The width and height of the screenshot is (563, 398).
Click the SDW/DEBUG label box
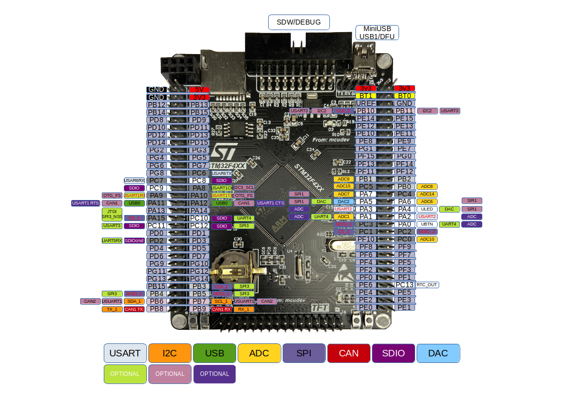coord(299,22)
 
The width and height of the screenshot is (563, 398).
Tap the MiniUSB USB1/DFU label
coord(377,33)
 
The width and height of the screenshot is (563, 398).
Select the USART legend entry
coord(125,353)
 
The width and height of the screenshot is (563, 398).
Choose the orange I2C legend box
coord(170,353)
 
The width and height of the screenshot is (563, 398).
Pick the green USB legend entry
coord(215,353)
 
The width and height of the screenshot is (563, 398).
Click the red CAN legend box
coord(348,353)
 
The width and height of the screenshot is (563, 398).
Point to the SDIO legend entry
coord(393,353)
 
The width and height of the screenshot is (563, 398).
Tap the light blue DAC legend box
coord(438,353)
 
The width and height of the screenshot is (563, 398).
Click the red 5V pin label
coord(199,89)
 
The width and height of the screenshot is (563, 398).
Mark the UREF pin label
coord(365,103)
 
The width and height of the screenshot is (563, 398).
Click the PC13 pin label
coord(404,285)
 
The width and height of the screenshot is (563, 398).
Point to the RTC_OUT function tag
coord(427,285)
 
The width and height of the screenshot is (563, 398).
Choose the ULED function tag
coord(427,209)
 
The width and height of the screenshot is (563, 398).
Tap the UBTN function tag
coord(427,224)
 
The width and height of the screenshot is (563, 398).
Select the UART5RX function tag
coord(112,241)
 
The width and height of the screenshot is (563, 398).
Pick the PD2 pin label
coord(156,241)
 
